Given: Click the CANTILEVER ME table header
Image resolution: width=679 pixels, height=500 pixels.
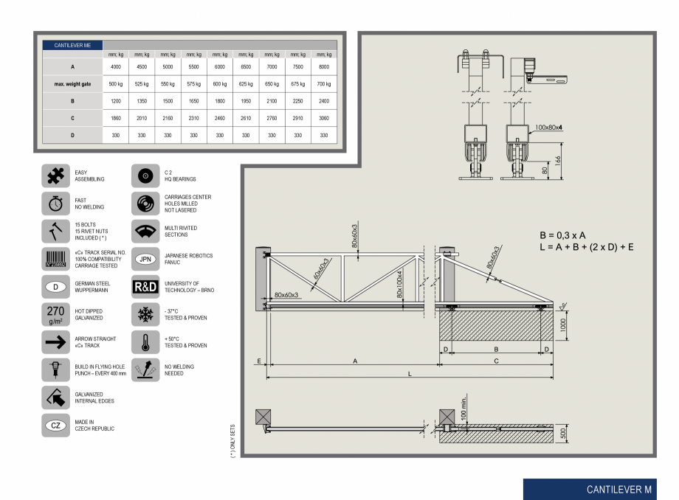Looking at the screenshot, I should tap(72, 45).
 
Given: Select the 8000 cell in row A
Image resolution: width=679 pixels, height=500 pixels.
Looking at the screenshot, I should tap(323, 67).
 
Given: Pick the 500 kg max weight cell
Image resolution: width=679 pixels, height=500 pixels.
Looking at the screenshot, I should tap(116, 84).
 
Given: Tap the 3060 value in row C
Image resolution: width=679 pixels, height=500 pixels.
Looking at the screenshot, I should tap(323, 118).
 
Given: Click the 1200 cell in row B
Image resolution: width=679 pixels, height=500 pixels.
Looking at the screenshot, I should tap(116, 101).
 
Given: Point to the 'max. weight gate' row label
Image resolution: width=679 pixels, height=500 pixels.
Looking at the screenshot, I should tap(72, 84).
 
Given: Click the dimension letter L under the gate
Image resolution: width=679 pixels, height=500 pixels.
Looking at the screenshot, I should tap(409, 374).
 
